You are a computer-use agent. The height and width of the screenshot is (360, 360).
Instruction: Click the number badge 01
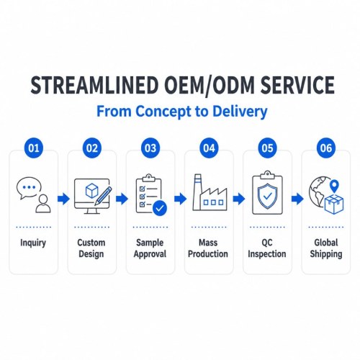click(x=34, y=148)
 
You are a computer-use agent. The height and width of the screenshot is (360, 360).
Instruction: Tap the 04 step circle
click(x=209, y=148)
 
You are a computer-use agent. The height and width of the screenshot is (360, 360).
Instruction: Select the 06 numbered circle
click(x=326, y=148)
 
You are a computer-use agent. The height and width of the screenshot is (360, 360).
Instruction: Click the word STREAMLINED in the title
click(x=94, y=85)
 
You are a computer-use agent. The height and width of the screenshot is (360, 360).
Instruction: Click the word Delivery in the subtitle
click(x=240, y=112)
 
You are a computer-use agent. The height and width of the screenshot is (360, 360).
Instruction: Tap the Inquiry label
click(x=33, y=243)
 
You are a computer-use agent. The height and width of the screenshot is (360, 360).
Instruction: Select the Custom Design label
click(x=91, y=248)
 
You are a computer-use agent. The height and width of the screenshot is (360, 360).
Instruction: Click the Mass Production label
click(x=208, y=248)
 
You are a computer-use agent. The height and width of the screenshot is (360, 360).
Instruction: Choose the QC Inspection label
click(x=267, y=248)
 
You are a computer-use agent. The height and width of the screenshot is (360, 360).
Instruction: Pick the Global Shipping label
click(x=326, y=248)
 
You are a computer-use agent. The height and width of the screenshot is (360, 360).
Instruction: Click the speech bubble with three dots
click(x=29, y=188)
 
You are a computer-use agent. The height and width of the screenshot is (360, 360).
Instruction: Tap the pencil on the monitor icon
click(x=103, y=196)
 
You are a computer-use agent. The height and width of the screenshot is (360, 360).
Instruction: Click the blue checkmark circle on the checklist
click(x=160, y=208)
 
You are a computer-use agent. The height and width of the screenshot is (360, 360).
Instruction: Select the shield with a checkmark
click(x=267, y=197)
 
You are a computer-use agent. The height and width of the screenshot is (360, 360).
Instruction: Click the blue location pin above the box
click(x=334, y=186)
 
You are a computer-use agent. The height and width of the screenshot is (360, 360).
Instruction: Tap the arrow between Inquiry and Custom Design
click(x=63, y=199)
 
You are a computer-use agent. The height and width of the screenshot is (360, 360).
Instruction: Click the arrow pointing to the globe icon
click(x=297, y=199)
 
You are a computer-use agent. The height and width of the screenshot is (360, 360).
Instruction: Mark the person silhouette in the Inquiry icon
click(x=43, y=204)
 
